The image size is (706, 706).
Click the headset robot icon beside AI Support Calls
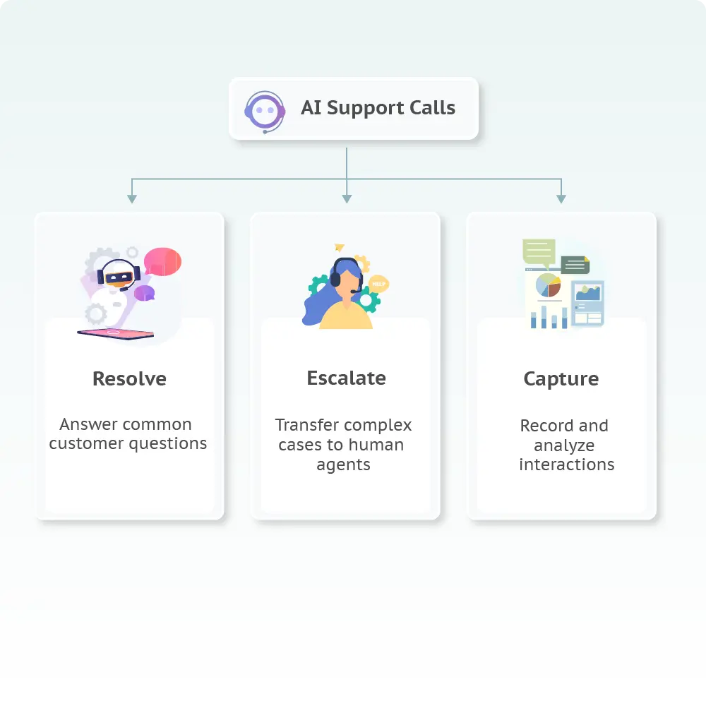(265, 110)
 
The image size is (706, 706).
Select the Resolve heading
(129, 379)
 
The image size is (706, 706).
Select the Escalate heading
(346, 378)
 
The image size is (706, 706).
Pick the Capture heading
(561, 379)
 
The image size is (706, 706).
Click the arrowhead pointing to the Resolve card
(131, 199)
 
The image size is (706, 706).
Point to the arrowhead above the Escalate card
(346, 199)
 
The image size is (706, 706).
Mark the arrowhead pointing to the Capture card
(561, 199)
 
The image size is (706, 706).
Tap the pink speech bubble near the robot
(162, 261)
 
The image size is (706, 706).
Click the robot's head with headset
(119, 274)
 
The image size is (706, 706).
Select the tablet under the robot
(116, 333)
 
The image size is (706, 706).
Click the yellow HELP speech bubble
(379, 284)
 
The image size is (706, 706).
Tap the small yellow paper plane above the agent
(340, 247)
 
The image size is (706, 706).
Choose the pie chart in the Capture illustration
(548, 286)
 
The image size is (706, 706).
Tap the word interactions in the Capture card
(566, 465)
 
